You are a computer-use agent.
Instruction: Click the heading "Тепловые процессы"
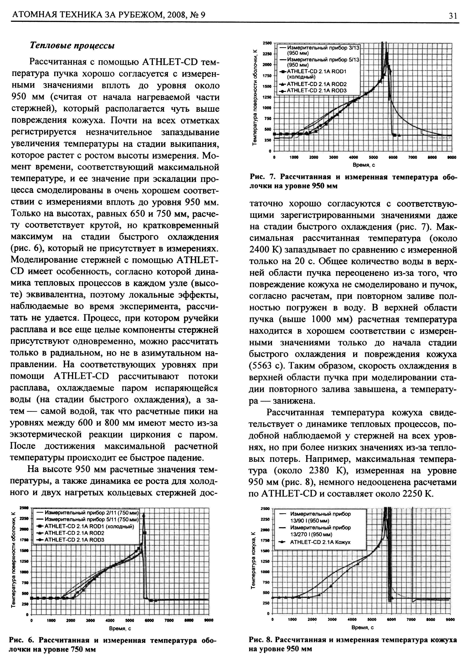tap(72, 45)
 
